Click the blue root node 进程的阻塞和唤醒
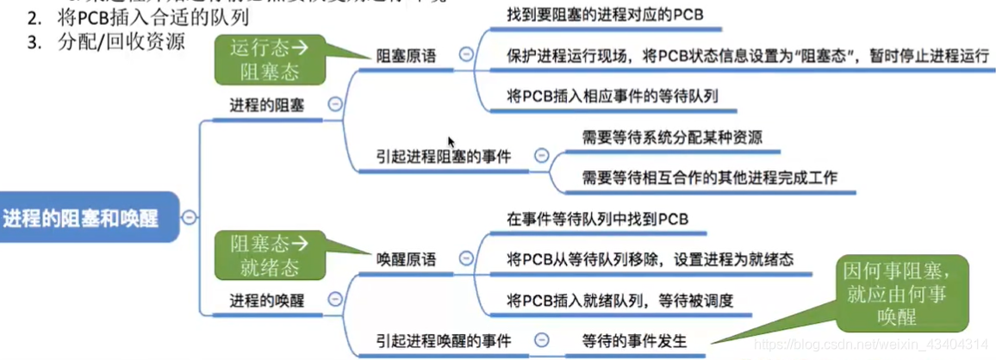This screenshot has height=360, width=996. (x=82, y=218)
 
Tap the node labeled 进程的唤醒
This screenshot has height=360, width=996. (x=266, y=300)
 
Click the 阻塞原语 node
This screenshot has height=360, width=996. (x=406, y=56)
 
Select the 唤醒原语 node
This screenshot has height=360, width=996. (x=406, y=258)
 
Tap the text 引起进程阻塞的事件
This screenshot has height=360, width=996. (x=443, y=157)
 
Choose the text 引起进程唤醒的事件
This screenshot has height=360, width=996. (x=443, y=341)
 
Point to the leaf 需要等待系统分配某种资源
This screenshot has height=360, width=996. (x=671, y=137)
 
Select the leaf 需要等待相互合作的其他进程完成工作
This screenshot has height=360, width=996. (x=709, y=177)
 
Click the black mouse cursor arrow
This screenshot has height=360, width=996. (x=451, y=141)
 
